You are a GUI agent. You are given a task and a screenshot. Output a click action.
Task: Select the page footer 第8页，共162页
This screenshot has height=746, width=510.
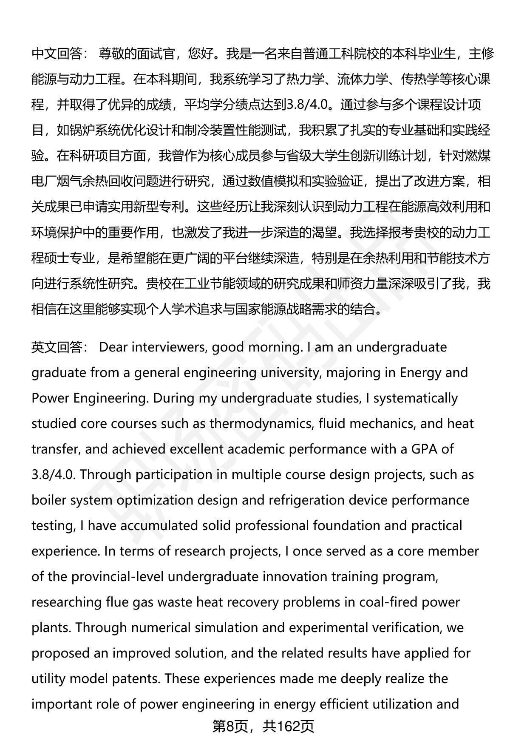(263, 726)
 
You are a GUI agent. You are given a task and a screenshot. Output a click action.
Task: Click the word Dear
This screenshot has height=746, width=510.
(113, 347)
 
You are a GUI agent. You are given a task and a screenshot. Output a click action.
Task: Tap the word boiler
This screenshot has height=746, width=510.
(49, 500)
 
